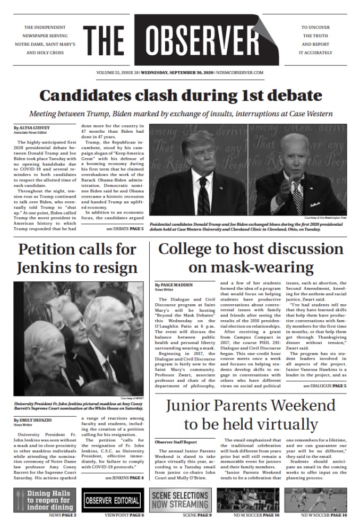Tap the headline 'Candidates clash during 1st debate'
(x=181, y=96)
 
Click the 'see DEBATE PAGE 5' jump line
(x=125, y=228)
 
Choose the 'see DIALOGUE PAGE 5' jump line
(x=324, y=386)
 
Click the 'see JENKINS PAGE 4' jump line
(x=124, y=478)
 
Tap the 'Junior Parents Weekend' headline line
(x=251, y=406)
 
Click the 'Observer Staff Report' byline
(x=176, y=442)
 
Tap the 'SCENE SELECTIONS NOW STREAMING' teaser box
(x=180, y=500)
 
